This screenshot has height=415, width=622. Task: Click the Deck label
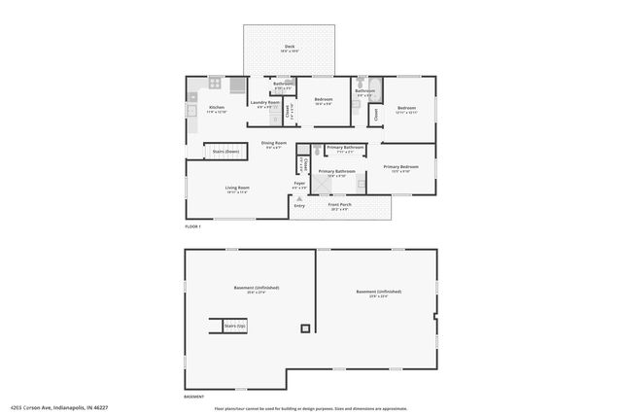pyautogui.click(x=290, y=46)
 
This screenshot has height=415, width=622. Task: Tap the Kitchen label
pyautogui.click(x=217, y=107)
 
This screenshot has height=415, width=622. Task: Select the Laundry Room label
pyautogui.click(x=264, y=102)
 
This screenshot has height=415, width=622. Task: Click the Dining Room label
pyautogui.click(x=273, y=144)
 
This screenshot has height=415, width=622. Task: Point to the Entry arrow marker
pyautogui.click(x=299, y=198)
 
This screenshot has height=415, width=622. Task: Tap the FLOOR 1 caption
pyautogui.click(x=192, y=226)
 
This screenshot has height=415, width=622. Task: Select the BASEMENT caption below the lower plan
pyautogui.click(x=194, y=397)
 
